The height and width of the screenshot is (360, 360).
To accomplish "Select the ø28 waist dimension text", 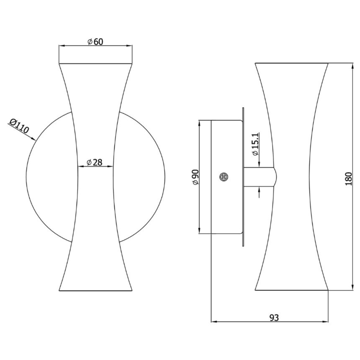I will point(95,162).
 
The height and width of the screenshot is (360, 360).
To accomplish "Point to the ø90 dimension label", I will point(195,177).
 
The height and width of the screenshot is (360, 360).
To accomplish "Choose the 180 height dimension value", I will point(349,179).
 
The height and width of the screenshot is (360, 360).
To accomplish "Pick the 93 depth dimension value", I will point(274,318).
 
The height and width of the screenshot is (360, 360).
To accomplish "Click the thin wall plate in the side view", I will point(243,177).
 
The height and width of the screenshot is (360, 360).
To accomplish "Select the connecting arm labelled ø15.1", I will point(258,177).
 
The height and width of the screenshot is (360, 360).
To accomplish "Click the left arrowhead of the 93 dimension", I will point(214,322).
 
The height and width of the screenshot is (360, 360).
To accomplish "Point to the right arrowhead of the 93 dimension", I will point(326,322).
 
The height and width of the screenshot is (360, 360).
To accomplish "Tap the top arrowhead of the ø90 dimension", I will point(199,123).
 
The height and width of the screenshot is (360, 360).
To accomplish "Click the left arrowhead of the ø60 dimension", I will point(62,46).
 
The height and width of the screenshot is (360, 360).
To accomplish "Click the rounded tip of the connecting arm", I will point(275,177).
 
